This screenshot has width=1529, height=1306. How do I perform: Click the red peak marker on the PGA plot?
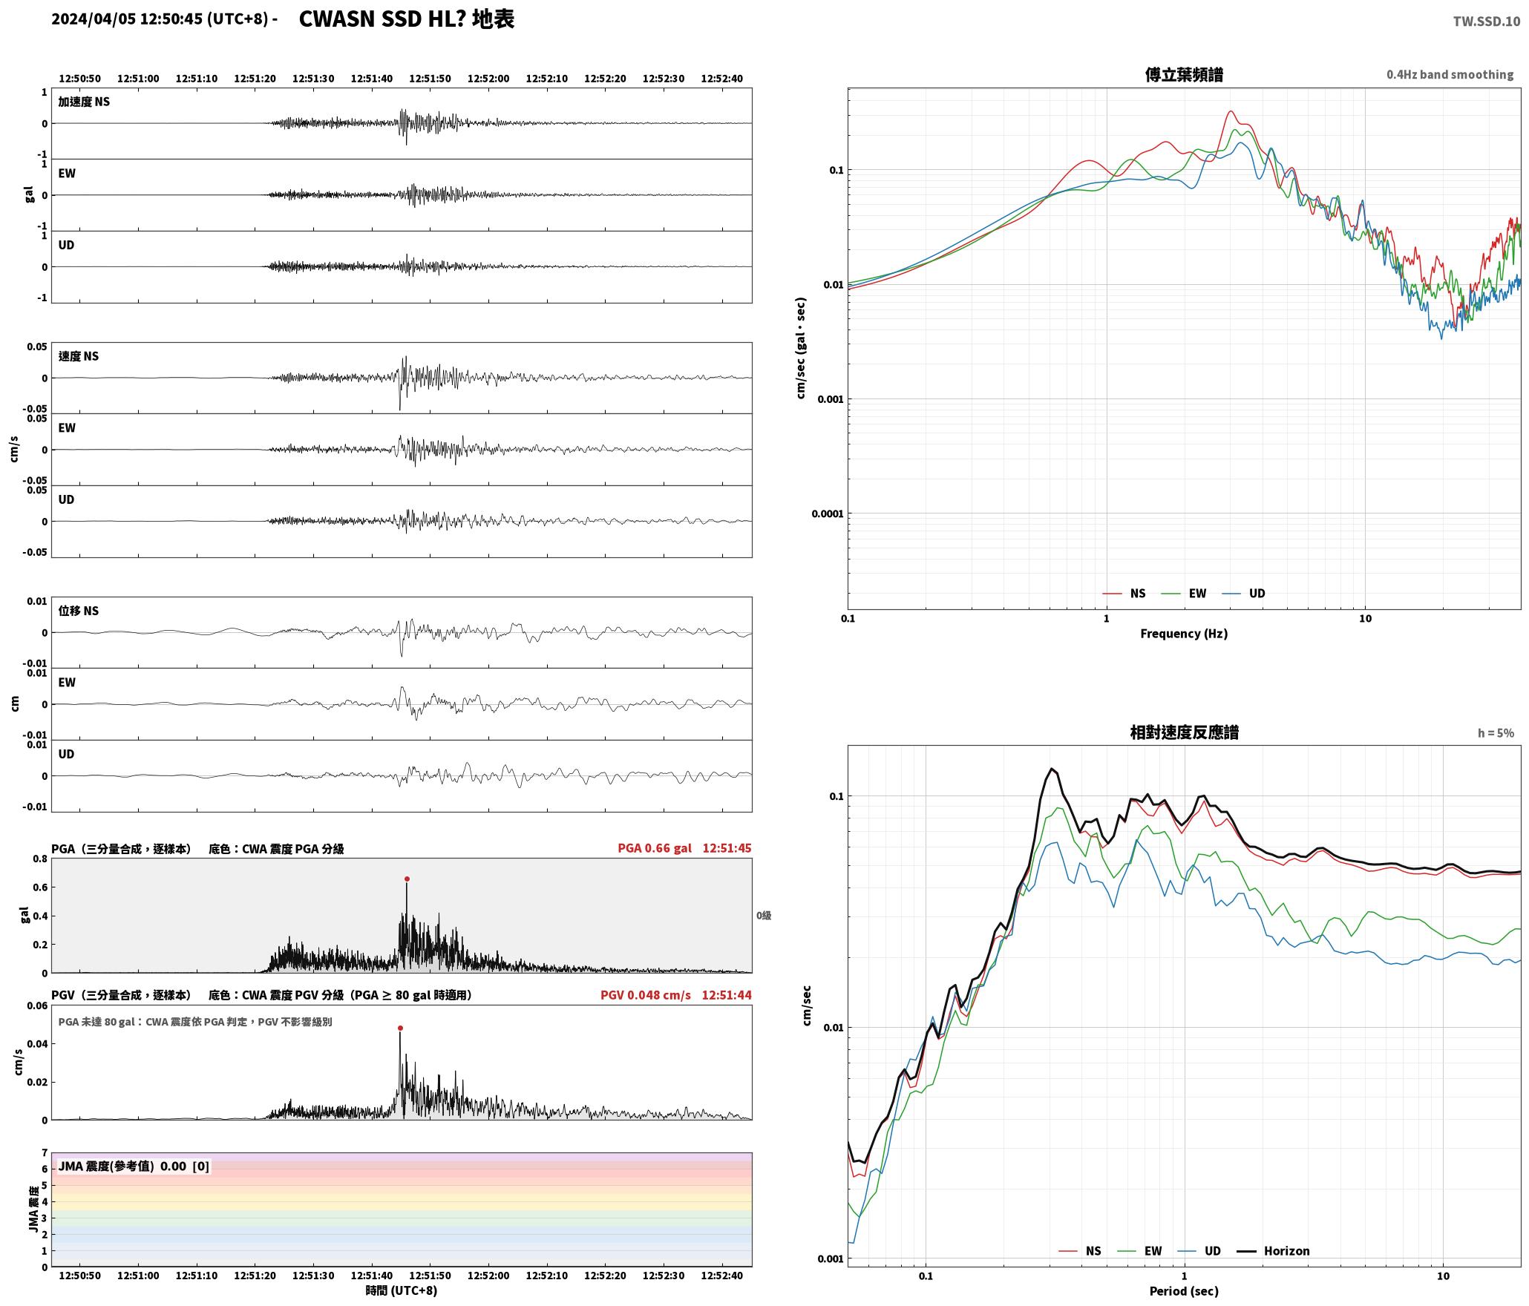[x=407, y=879]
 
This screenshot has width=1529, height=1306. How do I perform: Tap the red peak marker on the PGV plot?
[x=400, y=1028]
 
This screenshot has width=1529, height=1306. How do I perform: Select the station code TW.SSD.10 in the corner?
[x=1486, y=22]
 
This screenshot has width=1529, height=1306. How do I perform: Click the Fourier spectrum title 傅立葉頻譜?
[x=1184, y=74]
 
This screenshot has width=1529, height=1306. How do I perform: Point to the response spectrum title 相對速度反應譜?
[x=1184, y=732]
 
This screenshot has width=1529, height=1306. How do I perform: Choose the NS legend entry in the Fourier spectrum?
[x=1124, y=593]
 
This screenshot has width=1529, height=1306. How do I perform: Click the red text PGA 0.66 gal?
[x=654, y=847]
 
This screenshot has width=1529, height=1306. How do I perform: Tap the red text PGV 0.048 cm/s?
[x=645, y=994]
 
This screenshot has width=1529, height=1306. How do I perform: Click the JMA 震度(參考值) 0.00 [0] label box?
[x=134, y=1166]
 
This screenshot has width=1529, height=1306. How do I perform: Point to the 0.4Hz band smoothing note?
[x=1450, y=74]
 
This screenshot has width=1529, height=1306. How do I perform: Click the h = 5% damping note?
[x=1496, y=733]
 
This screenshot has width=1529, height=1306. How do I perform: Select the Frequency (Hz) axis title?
[x=1184, y=633]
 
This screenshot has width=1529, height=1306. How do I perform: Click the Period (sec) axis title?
[x=1184, y=1291]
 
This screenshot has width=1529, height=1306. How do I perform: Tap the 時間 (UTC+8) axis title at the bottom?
[x=402, y=1290]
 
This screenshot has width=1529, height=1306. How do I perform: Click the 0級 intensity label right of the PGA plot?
[x=764, y=915]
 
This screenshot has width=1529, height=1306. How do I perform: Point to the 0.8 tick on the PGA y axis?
[x=40, y=859]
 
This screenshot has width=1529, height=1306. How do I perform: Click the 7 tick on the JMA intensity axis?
[x=45, y=1152]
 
